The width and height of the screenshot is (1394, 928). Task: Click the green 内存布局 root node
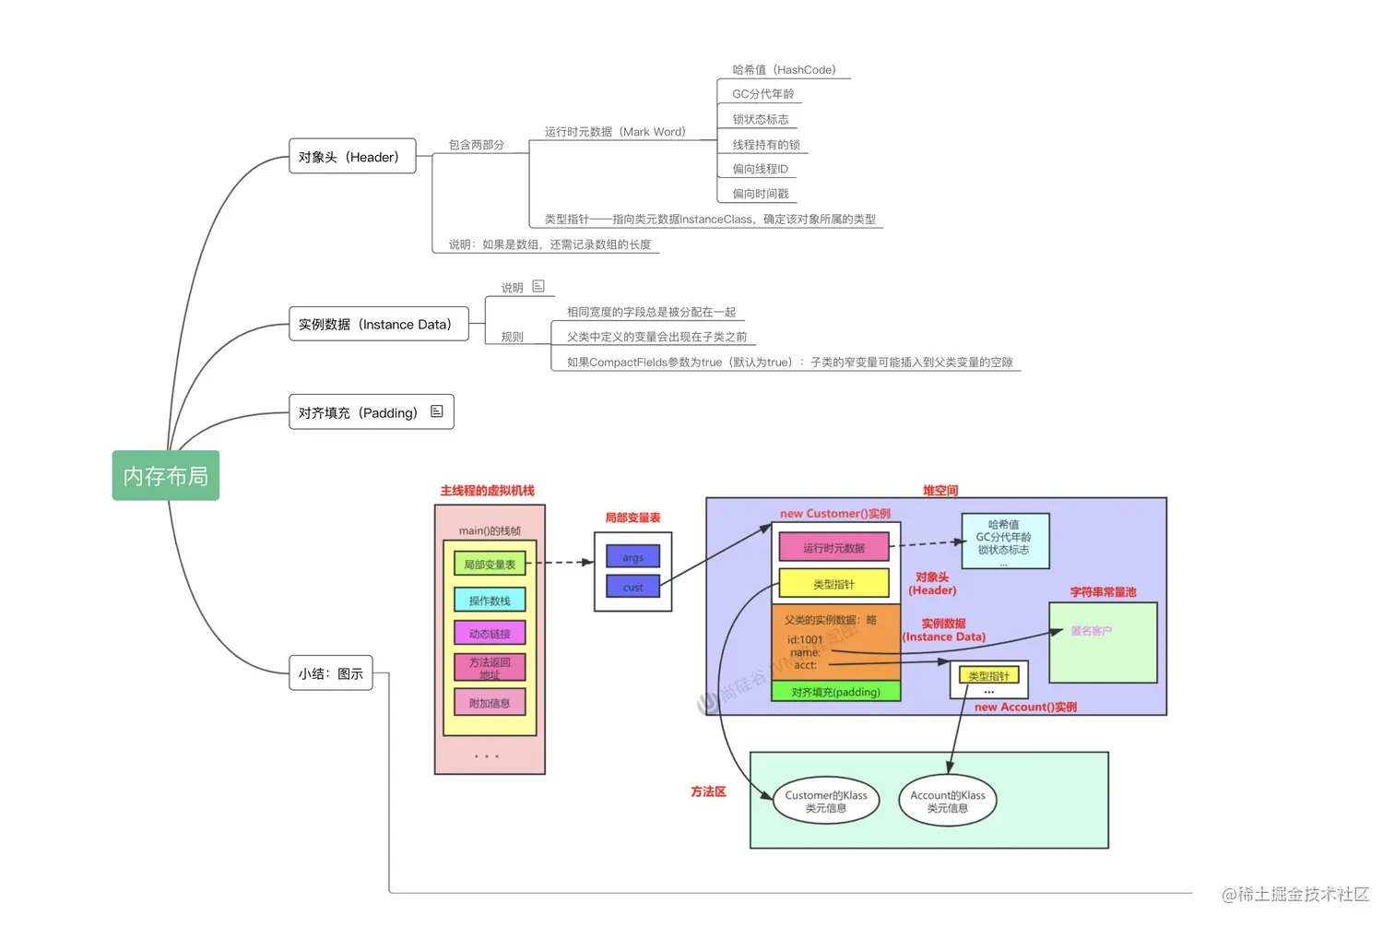click(166, 476)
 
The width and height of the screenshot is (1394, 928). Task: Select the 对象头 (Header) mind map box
click(352, 157)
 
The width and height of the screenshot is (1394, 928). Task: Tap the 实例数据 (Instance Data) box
click(378, 325)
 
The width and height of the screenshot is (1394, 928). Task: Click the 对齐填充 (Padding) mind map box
click(371, 412)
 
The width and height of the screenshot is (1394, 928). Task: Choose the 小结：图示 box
click(330, 673)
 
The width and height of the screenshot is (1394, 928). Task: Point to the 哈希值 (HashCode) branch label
click(784, 70)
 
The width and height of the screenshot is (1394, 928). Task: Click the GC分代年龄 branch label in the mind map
click(762, 94)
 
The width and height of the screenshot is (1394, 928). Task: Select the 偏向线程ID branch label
click(760, 169)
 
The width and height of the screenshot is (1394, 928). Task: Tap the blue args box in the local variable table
click(632, 557)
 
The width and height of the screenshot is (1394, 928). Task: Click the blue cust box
click(632, 587)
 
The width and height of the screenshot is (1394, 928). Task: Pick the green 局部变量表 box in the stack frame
click(490, 565)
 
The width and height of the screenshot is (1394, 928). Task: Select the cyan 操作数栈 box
click(490, 601)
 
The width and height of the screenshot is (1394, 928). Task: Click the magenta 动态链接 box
click(490, 634)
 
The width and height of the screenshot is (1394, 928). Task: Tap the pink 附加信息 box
click(490, 703)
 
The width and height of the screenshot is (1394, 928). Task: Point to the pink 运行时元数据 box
click(833, 548)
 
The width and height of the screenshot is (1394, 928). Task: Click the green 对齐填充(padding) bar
click(835, 692)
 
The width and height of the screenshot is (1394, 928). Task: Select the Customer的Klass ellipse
click(826, 802)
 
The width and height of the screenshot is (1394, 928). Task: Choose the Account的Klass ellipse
click(948, 802)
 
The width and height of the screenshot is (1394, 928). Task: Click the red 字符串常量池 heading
click(1103, 592)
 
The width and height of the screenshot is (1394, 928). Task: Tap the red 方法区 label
click(708, 791)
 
